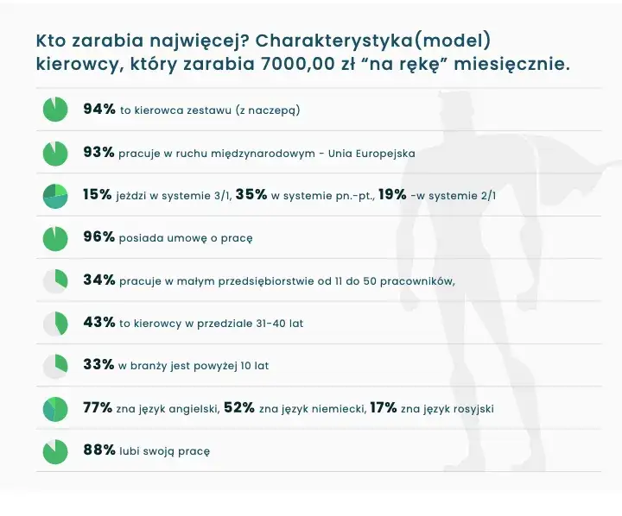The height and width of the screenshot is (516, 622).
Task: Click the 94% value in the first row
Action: coord(98,110)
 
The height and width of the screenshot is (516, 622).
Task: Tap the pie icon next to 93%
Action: coord(55,153)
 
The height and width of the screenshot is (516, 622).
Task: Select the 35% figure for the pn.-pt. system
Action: coord(251,195)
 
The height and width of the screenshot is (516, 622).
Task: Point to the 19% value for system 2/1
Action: coord(392,195)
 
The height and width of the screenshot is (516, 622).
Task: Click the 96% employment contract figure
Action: coord(98,237)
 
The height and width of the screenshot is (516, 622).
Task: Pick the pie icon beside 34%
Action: coord(55,280)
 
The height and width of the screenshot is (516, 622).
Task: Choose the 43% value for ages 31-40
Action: coord(98,323)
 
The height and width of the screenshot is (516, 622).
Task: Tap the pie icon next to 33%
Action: coord(55,365)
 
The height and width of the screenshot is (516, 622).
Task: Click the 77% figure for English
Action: coord(98,407)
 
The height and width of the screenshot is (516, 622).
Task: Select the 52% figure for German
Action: coord(238,407)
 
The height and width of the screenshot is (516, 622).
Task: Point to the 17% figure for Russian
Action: coord(383,407)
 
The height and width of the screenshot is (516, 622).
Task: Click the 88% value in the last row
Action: coord(98,450)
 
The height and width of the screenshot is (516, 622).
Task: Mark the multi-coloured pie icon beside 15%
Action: coord(55,195)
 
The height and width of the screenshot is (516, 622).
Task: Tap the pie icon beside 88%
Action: coord(55,450)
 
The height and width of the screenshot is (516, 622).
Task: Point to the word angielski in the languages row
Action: coord(190,408)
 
